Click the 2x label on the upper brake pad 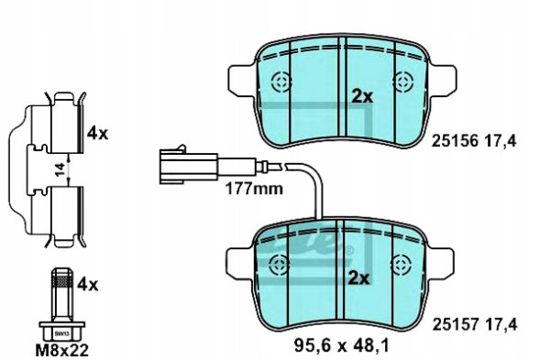click(362, 96)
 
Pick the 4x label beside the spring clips click(97, 133)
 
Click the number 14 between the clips click(59, 168)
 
